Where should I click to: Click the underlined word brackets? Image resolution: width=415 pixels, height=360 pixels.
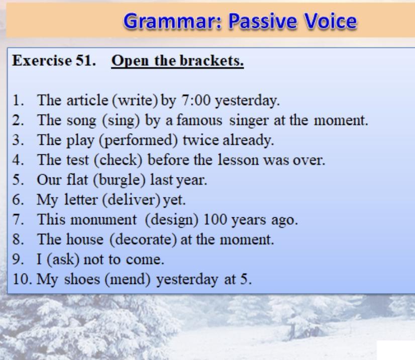[212, 61]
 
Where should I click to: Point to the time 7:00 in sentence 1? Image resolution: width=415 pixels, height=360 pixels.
[196, 101]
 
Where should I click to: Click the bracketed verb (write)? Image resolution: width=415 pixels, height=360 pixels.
[135, 101]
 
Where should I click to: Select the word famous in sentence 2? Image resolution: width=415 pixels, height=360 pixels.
[199, 120]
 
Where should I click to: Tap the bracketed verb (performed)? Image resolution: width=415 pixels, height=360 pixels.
[138, 140]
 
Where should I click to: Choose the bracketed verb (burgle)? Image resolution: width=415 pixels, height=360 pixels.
[120, 180]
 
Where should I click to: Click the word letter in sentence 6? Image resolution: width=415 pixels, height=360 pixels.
[81, 200]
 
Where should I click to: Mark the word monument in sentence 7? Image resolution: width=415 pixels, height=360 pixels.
[103, 220]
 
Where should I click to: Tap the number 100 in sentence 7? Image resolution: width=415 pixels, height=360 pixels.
[215, 220]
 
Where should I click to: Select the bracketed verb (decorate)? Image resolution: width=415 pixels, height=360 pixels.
[143, 240]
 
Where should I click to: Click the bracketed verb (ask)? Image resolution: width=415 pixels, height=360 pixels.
[63, 259]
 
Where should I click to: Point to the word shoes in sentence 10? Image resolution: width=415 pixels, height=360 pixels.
[82, 279]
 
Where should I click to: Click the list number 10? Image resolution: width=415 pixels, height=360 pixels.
[22, 279]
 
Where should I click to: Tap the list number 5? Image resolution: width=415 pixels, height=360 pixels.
[18, 180]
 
